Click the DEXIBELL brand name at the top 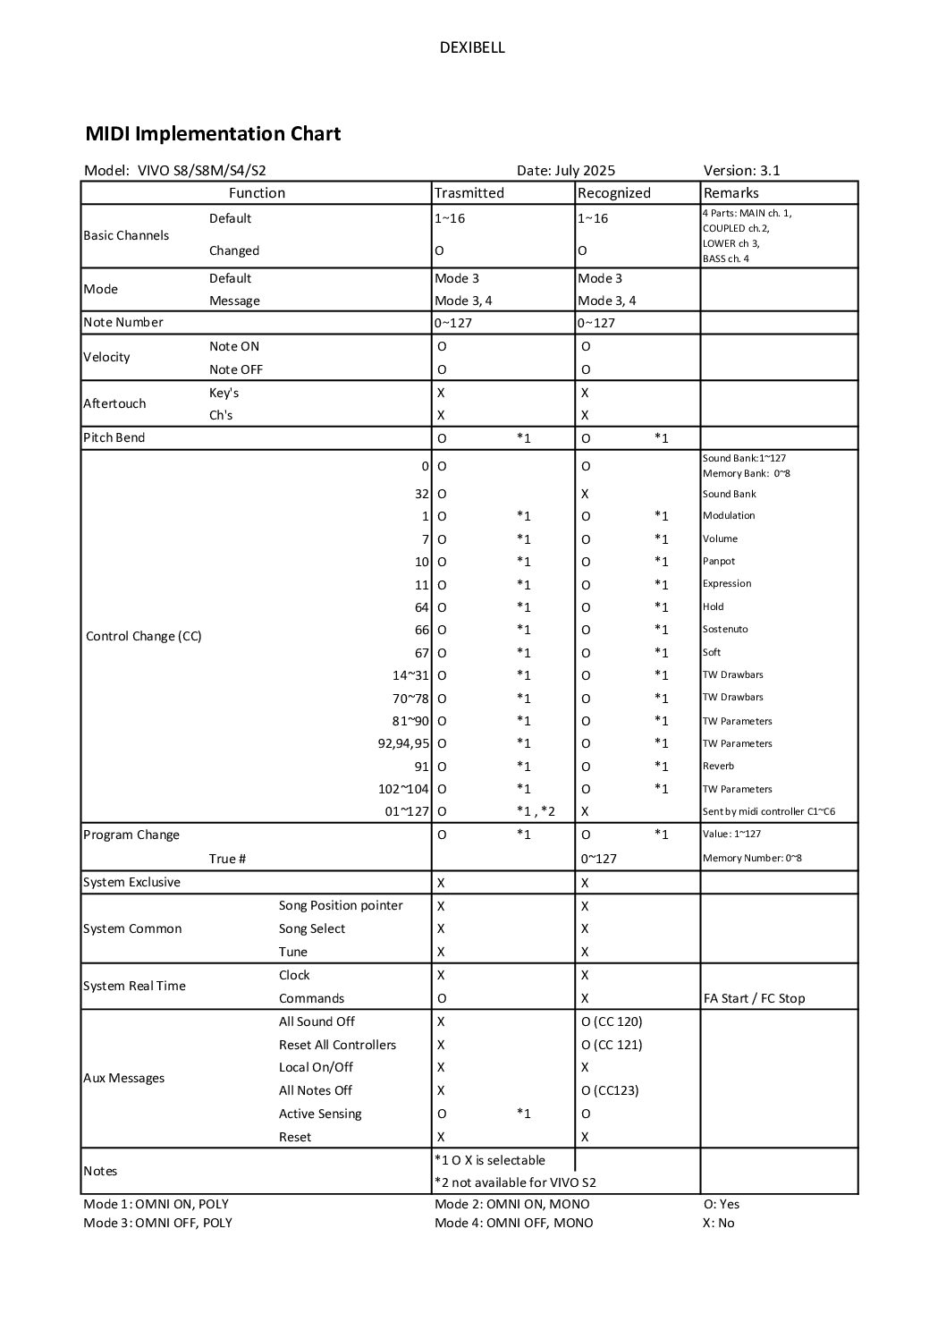(x=472, y=48)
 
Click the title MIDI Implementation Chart (x=213, y=134)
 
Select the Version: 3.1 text (x=741, y=171)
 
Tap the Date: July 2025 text (x=565, y=171)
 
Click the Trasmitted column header (x=469, y=193)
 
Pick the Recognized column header (x=613, y=193)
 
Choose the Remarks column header (x=731, y=193)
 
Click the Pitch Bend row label (x=114, y=438)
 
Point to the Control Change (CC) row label (x=143, y=637)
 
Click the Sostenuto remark (x=725, y=630)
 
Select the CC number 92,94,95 (x=403, y=743)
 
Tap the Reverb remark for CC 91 (x=718, y=767)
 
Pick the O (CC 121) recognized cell (x=612, y=1045)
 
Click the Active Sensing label (x=320, y=1114)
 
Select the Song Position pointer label (x=341, y=906)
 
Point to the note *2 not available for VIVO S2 (x=515, y=1182)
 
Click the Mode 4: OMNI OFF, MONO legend (x=513, y=1224)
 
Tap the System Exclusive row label (x=131, y=883)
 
